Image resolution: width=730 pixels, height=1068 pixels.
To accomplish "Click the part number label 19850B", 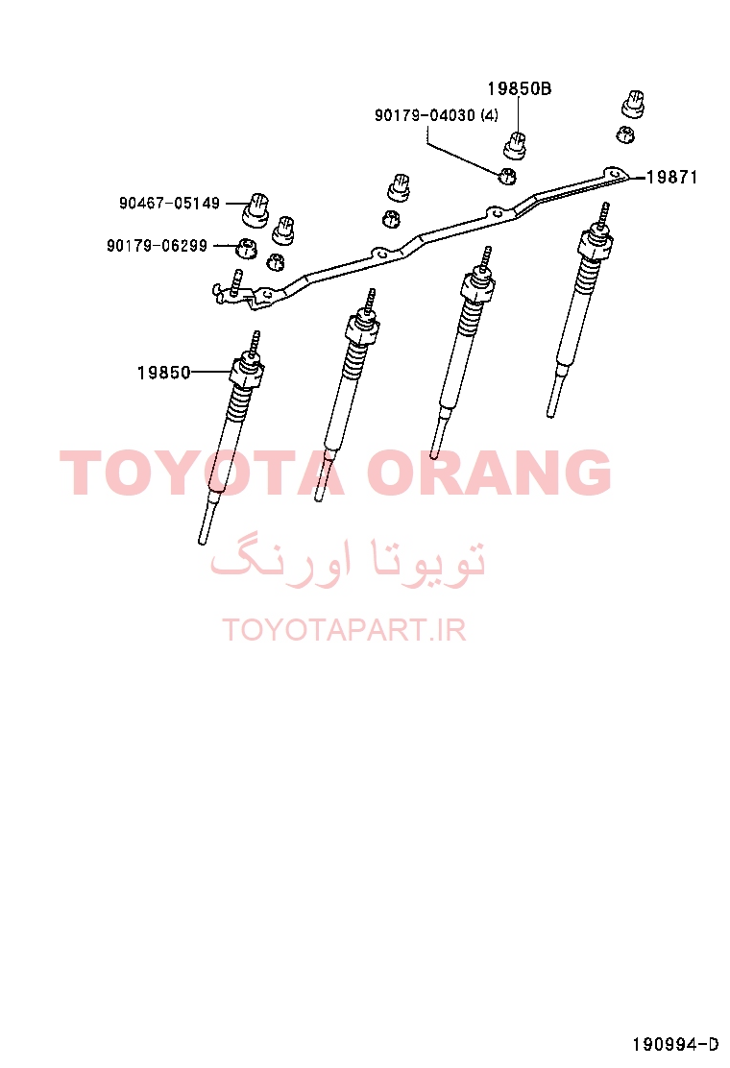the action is (x=519, y=88).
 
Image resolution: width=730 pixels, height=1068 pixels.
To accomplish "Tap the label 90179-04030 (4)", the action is (x=436, y=115).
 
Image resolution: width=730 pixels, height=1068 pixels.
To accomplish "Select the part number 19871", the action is (x=671, y=177).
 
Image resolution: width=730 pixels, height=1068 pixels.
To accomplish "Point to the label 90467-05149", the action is (x=170, y=203).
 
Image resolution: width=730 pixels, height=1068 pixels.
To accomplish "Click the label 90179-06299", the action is (x=157, y=245).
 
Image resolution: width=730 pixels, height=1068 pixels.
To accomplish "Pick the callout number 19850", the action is (x=163, y=373).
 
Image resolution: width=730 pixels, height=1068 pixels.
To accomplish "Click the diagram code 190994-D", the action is (x=675, y=1044).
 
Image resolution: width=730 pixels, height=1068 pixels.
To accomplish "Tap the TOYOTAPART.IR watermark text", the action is (x=344, y=630).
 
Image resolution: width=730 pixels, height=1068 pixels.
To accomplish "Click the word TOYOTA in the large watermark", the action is (x=202, y=472).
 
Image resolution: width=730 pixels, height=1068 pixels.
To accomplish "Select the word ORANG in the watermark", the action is (x=489, y=472).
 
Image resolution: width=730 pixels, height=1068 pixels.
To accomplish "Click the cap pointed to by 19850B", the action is (x=516, y=145).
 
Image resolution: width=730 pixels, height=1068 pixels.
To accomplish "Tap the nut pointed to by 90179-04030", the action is (x=507, y=176).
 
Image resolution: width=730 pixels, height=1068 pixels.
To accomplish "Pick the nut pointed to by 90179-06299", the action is (x=246, y=249).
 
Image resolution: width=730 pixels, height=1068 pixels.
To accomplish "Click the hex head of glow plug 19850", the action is (x=247, y=372).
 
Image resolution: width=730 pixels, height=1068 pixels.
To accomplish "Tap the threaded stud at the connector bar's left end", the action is (x=235, y=282).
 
